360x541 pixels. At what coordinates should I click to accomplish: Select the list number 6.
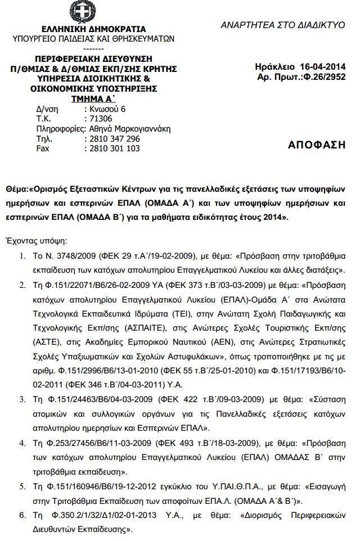(x=22, y=515)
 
